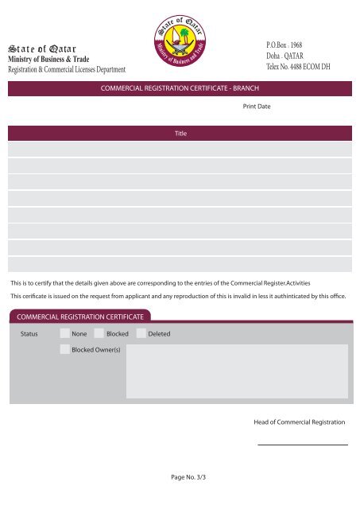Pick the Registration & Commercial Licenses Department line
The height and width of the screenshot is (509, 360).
point(68,72)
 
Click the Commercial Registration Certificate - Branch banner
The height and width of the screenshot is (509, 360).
point(180,90)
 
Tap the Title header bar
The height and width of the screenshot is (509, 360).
point(180,134)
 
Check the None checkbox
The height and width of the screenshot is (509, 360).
point(64,333)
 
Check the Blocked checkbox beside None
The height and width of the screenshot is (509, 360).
point(99,333)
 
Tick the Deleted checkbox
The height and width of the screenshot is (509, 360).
point(141,333)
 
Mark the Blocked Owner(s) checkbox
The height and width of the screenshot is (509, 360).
point(64,350)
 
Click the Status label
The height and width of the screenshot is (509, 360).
point(29,333)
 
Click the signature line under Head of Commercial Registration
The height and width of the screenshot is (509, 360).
point(303,445)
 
